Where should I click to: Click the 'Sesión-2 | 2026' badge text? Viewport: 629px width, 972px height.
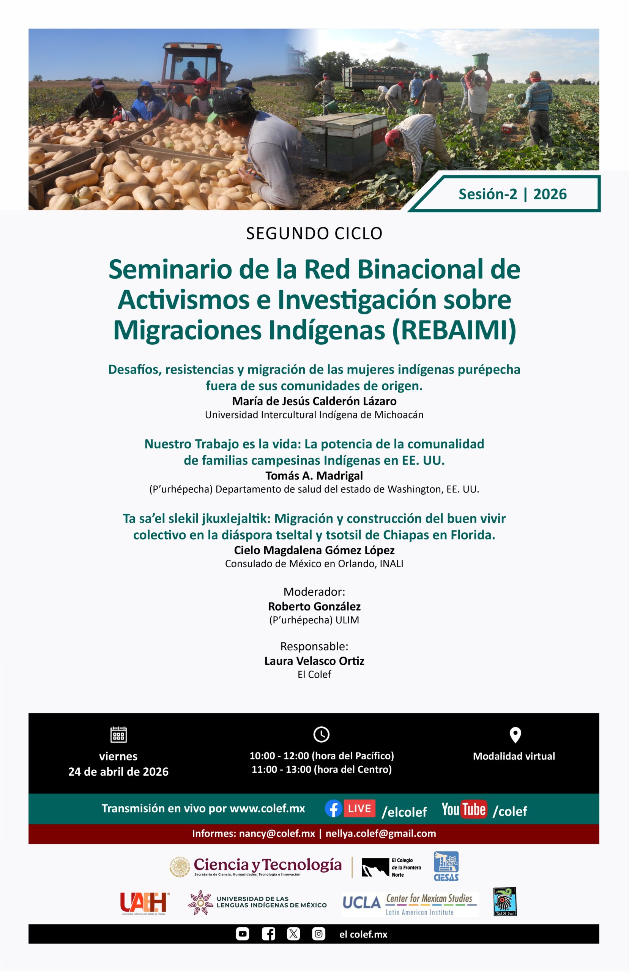(x=512, y=194)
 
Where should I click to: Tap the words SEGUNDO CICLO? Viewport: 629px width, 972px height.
(x=314, y=233)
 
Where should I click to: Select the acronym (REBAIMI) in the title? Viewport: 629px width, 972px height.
(x=454, y=330)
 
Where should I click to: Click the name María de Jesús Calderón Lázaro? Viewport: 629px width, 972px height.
(x=314, y=401)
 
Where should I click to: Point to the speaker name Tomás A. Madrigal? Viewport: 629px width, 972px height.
(x=314, y=475)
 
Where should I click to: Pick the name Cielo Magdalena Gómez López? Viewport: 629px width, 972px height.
(x=314, y=550)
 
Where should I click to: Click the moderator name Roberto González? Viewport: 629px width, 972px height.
(x=314, y=606)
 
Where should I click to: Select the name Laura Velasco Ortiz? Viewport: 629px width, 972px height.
(x=314, y=661)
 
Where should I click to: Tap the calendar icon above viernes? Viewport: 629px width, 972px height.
(x=118, y=734)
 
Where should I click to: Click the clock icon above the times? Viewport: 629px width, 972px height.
(x=322, y=734)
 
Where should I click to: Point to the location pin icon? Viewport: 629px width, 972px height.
(x=515, y=735)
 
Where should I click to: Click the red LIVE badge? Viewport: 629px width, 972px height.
(x=359, y=808)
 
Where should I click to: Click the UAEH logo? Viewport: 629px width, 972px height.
(x=144, y=902)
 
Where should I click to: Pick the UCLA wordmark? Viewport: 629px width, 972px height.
(x=361, y=903)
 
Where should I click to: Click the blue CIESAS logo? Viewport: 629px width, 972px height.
(x=446, y=866)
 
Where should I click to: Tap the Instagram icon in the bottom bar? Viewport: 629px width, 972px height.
(x=318, y=934)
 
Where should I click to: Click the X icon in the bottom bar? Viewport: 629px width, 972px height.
(x=293, y=934)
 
